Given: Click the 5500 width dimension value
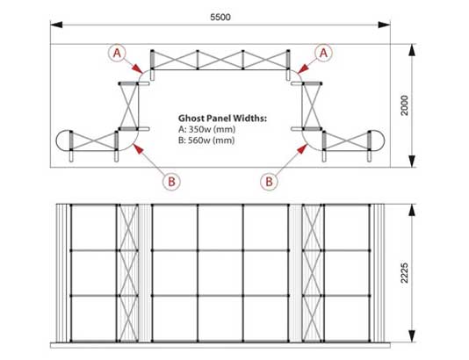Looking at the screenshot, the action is [x=220, y=18].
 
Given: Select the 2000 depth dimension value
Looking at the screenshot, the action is [x=405, y=105].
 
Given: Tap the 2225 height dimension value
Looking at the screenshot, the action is [x=405, y=273].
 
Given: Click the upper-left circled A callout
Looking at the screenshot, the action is [x=117, y=54].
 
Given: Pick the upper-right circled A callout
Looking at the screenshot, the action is [x=323, y=54].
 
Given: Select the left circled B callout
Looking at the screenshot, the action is [x=171, y=182].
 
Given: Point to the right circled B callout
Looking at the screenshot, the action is [x=269, y=182].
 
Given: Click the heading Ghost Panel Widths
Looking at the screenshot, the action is [x=222, y=119].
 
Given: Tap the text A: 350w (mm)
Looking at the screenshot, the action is [x=206, y=129].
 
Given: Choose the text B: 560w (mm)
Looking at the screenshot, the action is [x=206, y=140].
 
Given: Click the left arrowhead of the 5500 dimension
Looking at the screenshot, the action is [x=56, y=25].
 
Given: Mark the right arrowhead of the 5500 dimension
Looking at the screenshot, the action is [x=384, y=25].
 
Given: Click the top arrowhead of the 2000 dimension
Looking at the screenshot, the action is [x=412, y=50].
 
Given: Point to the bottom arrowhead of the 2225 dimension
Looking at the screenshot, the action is [x=412, y=335].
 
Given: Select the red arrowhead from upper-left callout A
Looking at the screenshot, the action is [x=138, y=68].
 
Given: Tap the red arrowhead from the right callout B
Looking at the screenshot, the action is [x=302, y=148].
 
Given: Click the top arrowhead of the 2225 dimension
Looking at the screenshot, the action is [x=412, y=210].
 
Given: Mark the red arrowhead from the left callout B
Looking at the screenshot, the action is [x=138, y=148].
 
